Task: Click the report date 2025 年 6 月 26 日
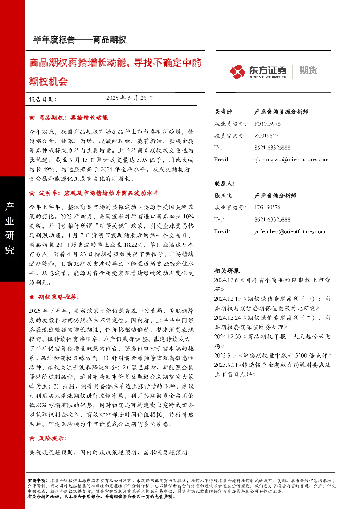(130, 98)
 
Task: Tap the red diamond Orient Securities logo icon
(237, 71)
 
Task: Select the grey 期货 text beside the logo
(308, 70)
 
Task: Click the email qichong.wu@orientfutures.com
(291, 160)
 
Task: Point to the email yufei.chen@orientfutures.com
(290, 231)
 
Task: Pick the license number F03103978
(267, 124)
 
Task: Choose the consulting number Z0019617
(266, 136)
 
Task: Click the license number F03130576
(267, 207)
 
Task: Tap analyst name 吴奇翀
(223, 112)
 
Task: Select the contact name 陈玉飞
(223, 196)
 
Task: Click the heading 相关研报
(226, 271)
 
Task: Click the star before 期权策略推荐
(32, 297)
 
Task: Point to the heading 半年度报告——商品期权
(79, 40)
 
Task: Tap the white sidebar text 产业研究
(10, 228)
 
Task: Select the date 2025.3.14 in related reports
(226, 356)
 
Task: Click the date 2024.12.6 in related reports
(226, 280)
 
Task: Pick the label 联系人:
(225, 184)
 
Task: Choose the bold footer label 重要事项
(37, 480)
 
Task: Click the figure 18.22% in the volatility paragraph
(134, 245)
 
